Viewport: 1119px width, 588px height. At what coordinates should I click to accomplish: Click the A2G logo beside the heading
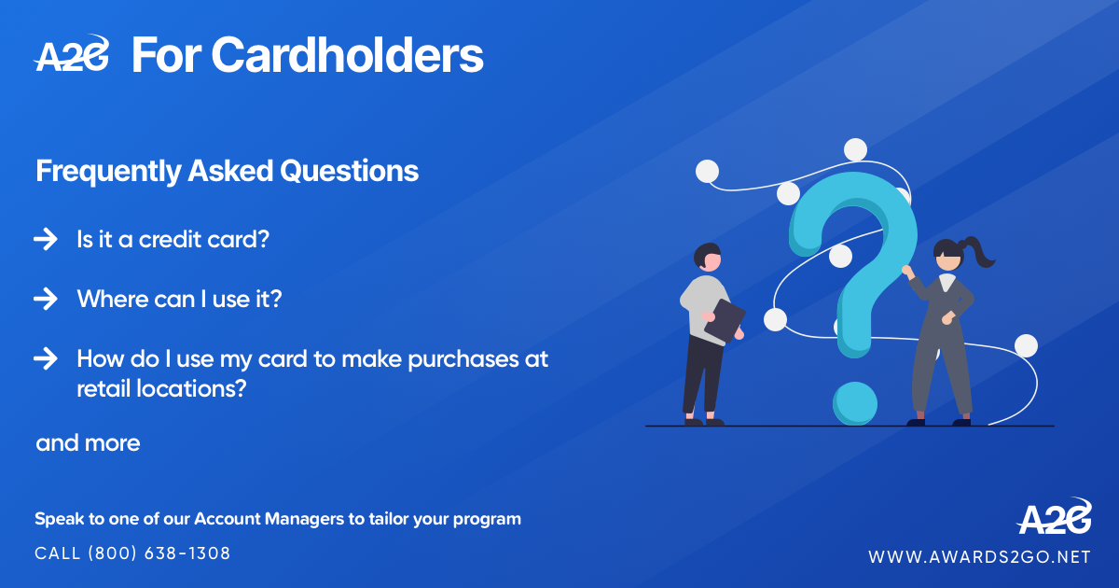pyautogui.click(x=72, y=55)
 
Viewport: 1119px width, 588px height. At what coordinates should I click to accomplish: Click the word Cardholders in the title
pyautogui.click(x=347, y=55)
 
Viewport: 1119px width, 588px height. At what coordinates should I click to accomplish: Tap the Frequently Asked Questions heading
pyautogui.click(x=227, y=172)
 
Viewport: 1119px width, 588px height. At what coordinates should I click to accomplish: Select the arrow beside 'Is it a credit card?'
pyautogui.click(x=45, y=240)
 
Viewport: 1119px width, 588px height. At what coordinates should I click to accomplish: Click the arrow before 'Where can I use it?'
pyautogui.click(x=45, y=300)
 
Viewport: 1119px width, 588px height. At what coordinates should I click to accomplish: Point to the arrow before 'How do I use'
pyautogui.click(x=45, y=359)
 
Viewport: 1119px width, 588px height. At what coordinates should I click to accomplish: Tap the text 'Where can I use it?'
pyautogui.click(x=179, y=300)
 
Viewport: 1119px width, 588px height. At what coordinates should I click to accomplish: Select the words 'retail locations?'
pyautogui.click(x=160, y=388)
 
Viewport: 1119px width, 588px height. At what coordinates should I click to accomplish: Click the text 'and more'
pyautogui.click(x=88, y=443)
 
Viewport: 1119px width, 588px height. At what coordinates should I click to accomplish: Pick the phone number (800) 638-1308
pyautogui.click(x=159, y=553)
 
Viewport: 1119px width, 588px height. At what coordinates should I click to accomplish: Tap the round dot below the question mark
pyautogui.click(x=855, y=401)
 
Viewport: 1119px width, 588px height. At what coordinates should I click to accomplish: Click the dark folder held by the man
pyautogui.click(x=725, y=320)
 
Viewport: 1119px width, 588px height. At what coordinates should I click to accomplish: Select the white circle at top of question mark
pyautogui.click(x=855, y=149)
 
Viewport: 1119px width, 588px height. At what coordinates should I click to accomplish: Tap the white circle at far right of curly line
pyautogui.click(x=1026, y=345)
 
